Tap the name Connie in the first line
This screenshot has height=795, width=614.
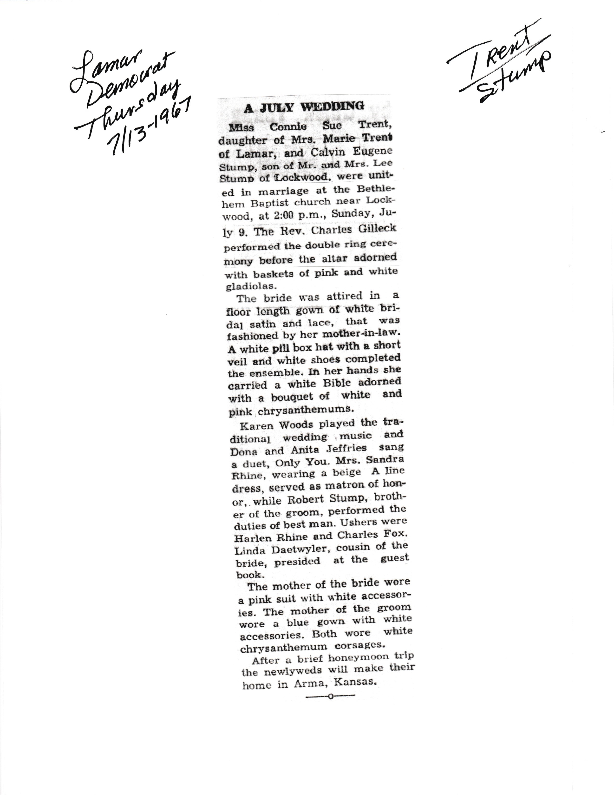pos(288,127)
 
